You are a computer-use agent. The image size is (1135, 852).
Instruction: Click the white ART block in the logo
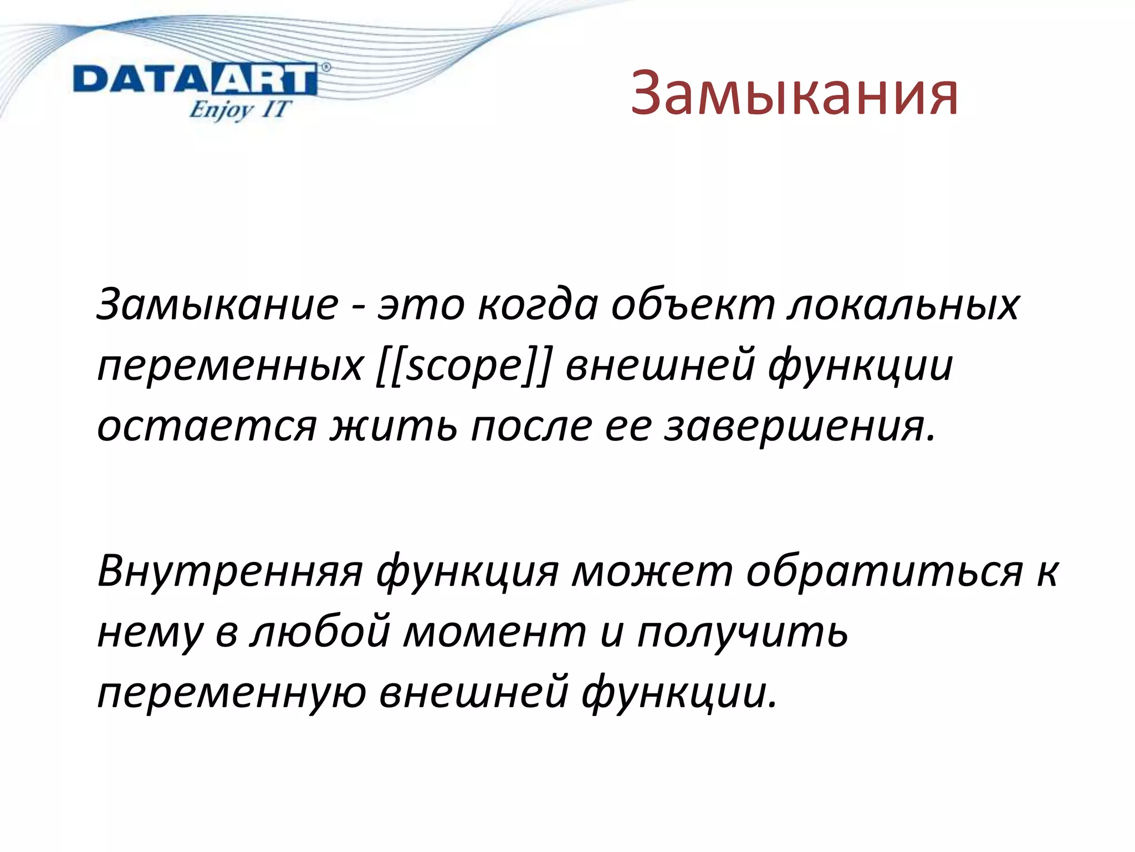264,80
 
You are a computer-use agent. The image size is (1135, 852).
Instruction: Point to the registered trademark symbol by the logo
326,68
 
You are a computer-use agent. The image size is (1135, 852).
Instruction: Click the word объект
693,306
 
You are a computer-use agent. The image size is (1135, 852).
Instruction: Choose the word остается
207,427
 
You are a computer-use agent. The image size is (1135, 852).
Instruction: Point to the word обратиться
884,571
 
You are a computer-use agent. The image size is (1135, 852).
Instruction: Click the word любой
320,632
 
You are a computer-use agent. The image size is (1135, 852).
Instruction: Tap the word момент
494,632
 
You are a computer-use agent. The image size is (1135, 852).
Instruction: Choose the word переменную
232,693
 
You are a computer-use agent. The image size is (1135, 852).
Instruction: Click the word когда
538,306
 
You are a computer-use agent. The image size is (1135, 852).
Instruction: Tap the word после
531,427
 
